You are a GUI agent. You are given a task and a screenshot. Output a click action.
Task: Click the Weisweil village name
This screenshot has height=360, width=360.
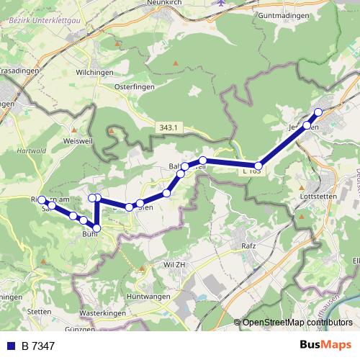point(78,140)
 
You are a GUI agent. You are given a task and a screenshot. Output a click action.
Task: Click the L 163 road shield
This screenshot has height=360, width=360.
point(252,171)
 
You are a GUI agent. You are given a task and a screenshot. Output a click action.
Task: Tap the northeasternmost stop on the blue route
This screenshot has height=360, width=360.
point(318,112)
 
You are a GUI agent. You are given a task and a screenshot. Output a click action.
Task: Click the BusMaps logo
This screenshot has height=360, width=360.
point(325,345)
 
